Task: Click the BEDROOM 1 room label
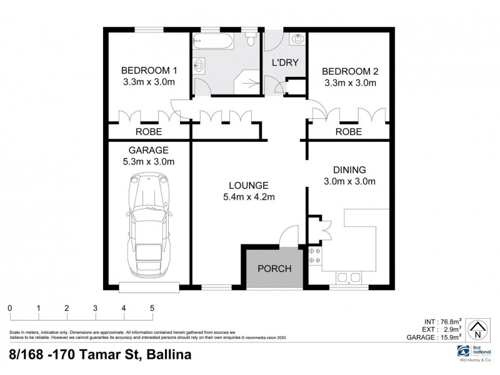coord(149,69)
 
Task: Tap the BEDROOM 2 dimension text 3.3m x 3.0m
coord(350,82)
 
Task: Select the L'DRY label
coord(283,62)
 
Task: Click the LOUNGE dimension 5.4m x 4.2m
coord(248,197)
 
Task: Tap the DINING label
coord(349,169)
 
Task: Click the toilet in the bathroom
coord(250,39)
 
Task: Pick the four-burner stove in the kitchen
coord(314,256)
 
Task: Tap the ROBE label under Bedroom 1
coord(149,132)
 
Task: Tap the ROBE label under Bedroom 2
coord(349,132)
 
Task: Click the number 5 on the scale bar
coord(152,308)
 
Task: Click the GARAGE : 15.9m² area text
coord(435,337)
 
